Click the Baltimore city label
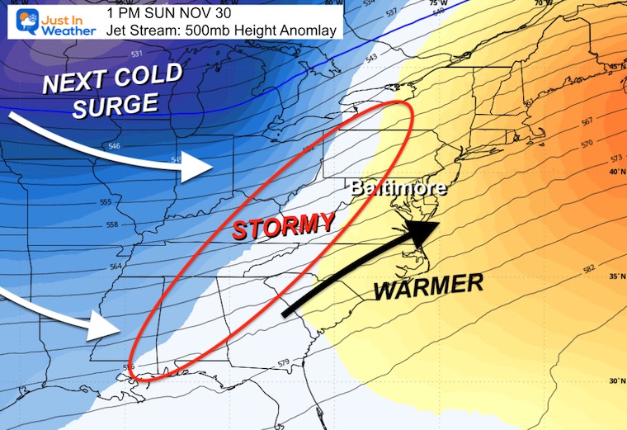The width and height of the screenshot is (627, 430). click(398, 187)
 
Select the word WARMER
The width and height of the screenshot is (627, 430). click(428, 286)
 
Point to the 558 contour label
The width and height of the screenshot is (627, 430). click(121, 224)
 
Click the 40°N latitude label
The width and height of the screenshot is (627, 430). click(612, 172)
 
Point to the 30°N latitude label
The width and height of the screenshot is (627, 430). click(612, 381)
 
